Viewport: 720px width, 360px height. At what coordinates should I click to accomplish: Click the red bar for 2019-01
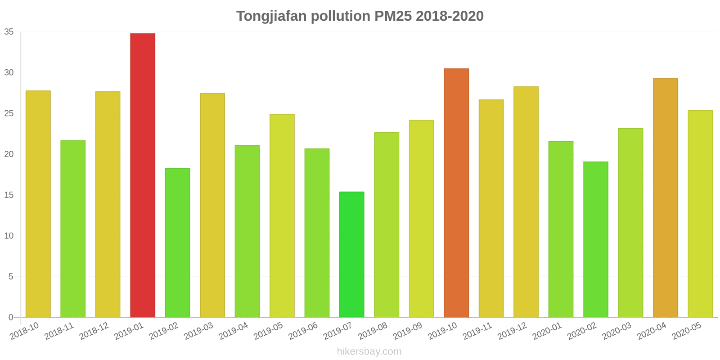pyautogui.click(x=143, y=175)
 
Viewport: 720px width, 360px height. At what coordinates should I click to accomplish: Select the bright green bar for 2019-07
pyautogui.click(x=351, y=255)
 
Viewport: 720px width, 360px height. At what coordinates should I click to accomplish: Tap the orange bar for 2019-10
pyautogui.click(x=456, y=193)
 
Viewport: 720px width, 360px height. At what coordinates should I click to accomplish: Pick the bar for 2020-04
pyautogui.click(x=665, y=198)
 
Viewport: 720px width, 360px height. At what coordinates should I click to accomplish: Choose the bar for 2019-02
pyautogui.click(x=177, y=243)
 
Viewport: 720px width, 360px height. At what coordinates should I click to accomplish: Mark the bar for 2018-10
pyautogui.click(x=38, y=204)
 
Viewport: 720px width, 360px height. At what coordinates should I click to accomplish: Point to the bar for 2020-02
pyautogui.click(x=595, y=239)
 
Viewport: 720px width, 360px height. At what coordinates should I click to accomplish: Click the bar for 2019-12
pyautogui.click(x=526, y=202)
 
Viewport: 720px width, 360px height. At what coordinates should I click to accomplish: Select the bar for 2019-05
pyautogui.click(x=282, y=216)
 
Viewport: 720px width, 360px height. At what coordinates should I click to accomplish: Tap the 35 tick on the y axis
pyautogui.click(x=9, y=32)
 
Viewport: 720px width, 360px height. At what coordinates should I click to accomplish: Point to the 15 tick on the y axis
pyautogui.click(x=9, y=195)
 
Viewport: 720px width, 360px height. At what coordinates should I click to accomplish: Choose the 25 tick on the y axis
pyautogui.click(x=9, y=113)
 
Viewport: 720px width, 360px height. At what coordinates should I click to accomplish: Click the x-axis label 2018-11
pyautogui.click(x=59, y=331)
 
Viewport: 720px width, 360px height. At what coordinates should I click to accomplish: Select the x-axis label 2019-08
pyautogui.click(x=373, y=331)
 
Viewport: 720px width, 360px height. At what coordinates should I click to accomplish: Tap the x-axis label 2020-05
pyautogui.click(x=686, y=331)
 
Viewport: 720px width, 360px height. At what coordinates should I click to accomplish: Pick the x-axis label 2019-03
pyautogui.click(x=198, y=331)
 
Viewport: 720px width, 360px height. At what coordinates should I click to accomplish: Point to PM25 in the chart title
pyautogui.click(x=393, y=16)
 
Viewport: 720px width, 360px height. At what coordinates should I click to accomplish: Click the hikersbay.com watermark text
pyautogui.click(x=369, y=351)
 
